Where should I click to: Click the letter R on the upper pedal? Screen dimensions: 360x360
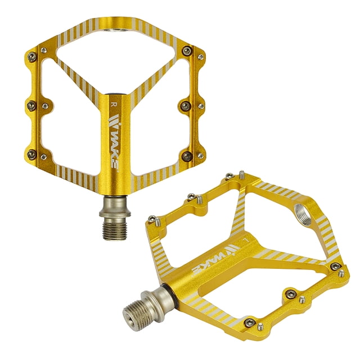tap(114, 105)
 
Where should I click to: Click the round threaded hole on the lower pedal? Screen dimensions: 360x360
tap(303, 214)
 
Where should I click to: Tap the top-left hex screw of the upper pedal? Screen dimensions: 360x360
tap(31, 57)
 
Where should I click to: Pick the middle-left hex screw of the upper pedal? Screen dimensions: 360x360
tap(31, 106)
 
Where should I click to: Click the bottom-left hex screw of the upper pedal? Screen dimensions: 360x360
tap(31, 155)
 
